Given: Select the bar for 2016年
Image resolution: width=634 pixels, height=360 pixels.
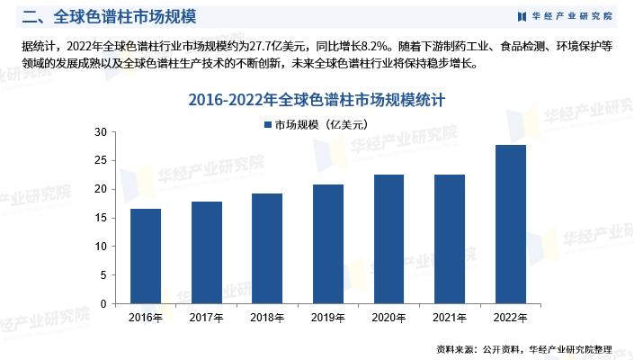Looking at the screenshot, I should tap(146, 256).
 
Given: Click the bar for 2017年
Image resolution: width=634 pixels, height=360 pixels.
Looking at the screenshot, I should tap(206, 253).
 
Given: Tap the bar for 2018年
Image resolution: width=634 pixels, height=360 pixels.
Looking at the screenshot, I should tap(267, 248).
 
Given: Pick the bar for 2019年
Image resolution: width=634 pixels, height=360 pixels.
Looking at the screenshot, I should tap(327, 244).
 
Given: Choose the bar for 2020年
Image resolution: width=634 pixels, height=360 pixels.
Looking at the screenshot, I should tap(388, 239).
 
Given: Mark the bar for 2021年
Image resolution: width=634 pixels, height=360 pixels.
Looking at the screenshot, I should tap(449, 239).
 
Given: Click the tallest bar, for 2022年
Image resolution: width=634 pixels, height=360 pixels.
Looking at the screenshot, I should tap(510, 224).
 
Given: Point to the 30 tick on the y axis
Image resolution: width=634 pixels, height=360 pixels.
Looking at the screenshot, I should tap(101, 132).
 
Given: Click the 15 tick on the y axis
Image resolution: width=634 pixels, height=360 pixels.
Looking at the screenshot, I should tap(101, 218).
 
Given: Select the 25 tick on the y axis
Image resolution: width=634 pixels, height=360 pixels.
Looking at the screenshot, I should tap(101, 161).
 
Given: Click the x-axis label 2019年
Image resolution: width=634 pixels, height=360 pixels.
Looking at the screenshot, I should tap(327, 318).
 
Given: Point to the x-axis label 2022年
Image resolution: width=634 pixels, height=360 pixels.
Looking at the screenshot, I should tap(510, 318).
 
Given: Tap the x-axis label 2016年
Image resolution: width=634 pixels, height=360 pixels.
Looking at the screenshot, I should tap(146, 318).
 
